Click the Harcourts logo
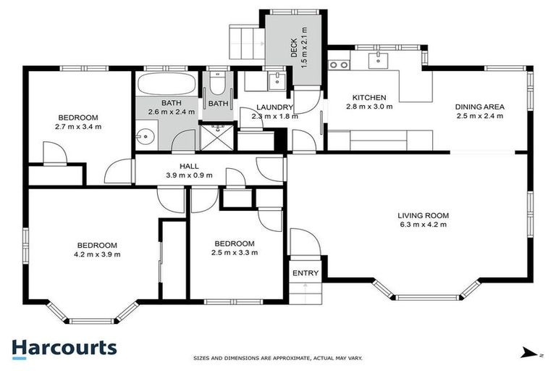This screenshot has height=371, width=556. click(x=64, y=348)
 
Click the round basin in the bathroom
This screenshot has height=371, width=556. click(x=145, y=136)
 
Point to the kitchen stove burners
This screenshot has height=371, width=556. click(x=337, y=64)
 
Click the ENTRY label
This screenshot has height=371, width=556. click(x=305, y=273)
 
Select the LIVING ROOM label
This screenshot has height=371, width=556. click(x=423, y=215)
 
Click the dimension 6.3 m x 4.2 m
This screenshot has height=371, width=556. click(x=423, y=225)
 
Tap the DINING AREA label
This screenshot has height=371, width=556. click(x=479, y=107)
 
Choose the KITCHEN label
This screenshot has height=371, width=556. click(x=369, y=98)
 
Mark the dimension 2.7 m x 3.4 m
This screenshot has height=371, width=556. click(x=78, y=126)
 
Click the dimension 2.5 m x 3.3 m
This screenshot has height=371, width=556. click(x=234, y=252)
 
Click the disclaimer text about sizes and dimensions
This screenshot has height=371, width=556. click(x=277, y=358)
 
